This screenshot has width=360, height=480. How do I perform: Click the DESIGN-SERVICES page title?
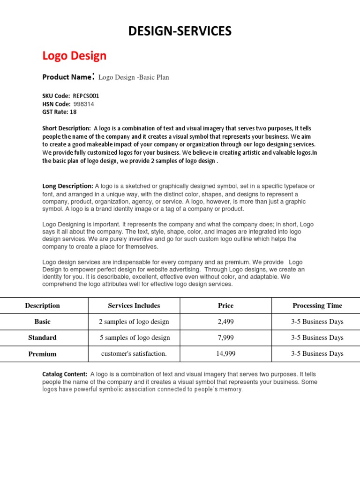click(x=180, y=31)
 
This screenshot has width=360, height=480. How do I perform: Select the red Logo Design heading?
click(x=75, y=56)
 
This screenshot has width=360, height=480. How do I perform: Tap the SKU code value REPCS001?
click(x=86, y=96)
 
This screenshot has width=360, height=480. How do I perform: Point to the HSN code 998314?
click(x=84, y=104)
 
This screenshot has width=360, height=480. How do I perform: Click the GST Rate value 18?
click(x=73, y=112)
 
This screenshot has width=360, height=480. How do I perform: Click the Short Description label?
click(x=67, y=128)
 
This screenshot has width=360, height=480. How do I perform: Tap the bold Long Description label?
click(x=68, y=186)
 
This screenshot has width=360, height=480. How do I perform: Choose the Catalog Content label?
click(x=65, y=374)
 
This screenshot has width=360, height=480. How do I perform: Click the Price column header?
click(x=225, y=306)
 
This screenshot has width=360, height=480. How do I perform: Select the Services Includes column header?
click(x=134, y=306)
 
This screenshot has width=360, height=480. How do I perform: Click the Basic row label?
click(x=43, y=322)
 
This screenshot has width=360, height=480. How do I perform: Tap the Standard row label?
click(x=43, y=337)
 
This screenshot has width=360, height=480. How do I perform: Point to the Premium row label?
click(x=43, y=354)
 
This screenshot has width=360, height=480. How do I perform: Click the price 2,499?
click(x=225, y=322)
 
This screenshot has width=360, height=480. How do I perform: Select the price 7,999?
click(x=225, y=337)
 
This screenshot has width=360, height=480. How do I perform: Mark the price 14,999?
click(x=225, y=354)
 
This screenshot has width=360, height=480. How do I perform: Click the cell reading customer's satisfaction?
click(x=134, y=354)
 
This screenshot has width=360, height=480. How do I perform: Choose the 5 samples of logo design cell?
click(x=135, y=337)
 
